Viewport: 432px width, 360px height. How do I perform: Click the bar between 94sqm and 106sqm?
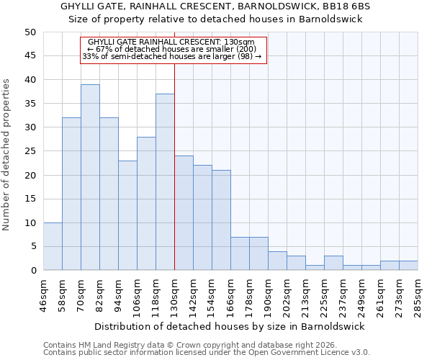127,215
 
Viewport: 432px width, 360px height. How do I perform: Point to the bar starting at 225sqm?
333,263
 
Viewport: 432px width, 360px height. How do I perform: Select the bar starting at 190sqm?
277,261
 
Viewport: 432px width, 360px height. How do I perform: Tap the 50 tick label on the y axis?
30,32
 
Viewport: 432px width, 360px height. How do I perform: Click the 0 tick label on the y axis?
32,271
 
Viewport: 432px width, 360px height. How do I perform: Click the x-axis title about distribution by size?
230,326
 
